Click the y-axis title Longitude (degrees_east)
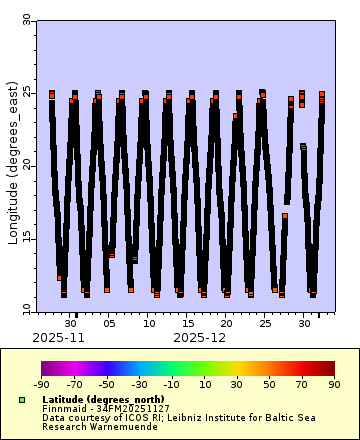click(x=13, y=166)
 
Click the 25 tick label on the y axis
click(x=27, y=92)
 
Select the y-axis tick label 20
click(x=27, y=165)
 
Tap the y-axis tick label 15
click(x=27, y=238)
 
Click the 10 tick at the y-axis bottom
click(x=27, y=309)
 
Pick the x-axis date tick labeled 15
click(x=187, y=324)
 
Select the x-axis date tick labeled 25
click(x=264, y=324)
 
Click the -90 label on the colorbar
click(x=41, y=384)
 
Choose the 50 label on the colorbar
click(x=269, y=384)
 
